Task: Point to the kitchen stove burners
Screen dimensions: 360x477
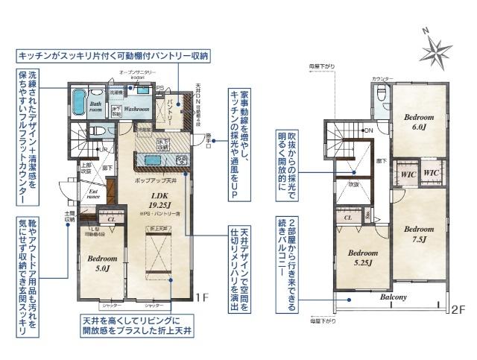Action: [180, 160]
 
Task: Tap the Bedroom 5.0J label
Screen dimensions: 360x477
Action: [98, 262]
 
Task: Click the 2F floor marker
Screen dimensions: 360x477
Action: [458, 308]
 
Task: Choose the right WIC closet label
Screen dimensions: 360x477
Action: [432, 173]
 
